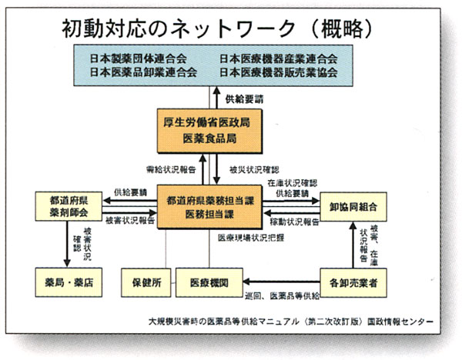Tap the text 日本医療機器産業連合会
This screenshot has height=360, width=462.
pos(278,58)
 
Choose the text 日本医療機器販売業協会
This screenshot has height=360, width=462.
pos(278,72)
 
